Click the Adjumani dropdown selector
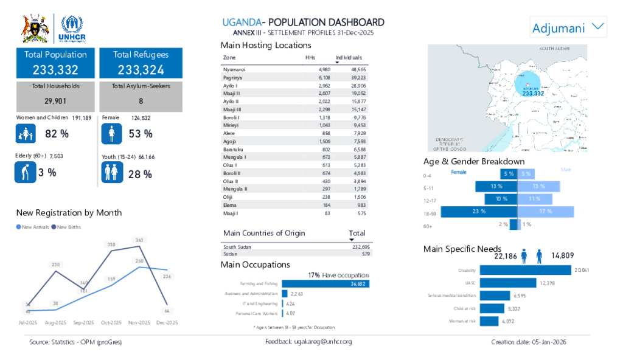[x=568, y=27]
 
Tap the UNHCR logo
[x=72, y=29]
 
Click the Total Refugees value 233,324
[x=141, y=70]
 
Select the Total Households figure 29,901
[x=55, y=101]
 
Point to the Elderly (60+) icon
[x=24, y=172]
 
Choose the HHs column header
[x=310, y=57]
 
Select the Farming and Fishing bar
[x=325, y=284]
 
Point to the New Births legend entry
[x=69, y=227]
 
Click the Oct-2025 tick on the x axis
[x=111, y=322]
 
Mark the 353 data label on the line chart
[x=139, y=240]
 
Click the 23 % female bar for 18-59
[x=479, y=212]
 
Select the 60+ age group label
[x=428, y=226]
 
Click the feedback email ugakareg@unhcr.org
[x=308, y=342]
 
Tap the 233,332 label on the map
[x=533, y=94]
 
